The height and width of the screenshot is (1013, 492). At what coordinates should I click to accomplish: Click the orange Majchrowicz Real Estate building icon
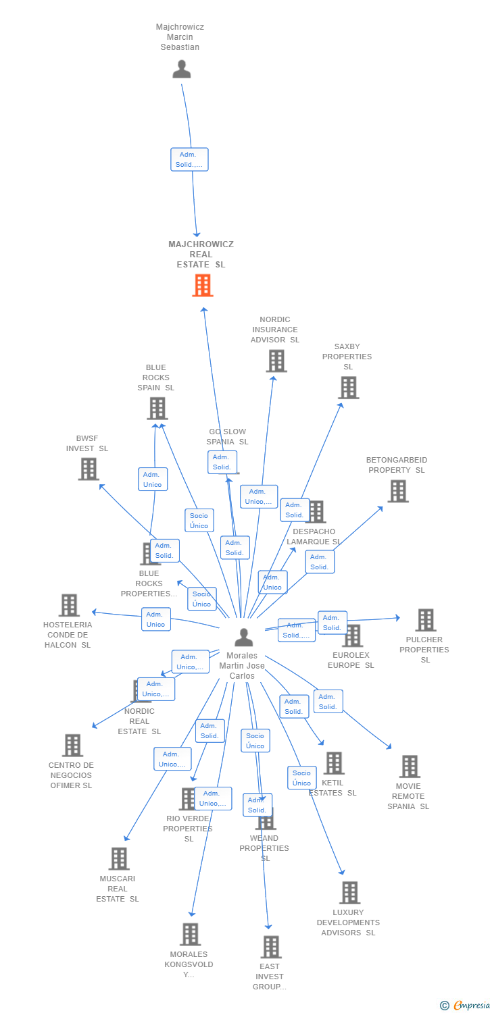(x=202, y=286)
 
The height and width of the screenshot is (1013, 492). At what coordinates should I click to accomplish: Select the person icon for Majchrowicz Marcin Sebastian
(x=181, y=70)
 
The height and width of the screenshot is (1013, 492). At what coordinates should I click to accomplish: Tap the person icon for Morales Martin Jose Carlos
(x=243, y=637)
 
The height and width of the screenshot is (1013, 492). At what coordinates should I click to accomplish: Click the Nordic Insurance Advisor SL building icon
(x=276, y=361)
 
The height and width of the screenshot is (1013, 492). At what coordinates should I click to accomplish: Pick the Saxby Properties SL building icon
(x=348, y=388)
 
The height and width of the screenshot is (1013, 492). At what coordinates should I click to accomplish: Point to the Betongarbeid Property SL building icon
(x=397, y=491)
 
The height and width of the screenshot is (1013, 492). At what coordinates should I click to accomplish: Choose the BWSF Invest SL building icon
(x=89, y=469)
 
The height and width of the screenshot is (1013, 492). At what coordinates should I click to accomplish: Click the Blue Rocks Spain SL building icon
(x=157, y=408)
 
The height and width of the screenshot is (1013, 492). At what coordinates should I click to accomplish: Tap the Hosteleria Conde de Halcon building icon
(x=69, y=605)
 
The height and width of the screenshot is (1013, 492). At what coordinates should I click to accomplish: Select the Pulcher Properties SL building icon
(x=425, y=620)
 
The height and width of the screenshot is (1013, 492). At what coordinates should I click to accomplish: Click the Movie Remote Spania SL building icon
(x=410, y=767)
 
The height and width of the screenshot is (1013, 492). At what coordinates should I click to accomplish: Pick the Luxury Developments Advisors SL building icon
(x=349, y=893)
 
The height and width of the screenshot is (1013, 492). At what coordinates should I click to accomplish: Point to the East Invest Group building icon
(x=271, y=947)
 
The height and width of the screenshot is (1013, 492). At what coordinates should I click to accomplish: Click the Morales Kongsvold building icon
(x=190, y=935)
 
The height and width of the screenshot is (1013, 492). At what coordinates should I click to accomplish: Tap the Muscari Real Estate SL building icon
(x=119, y=859)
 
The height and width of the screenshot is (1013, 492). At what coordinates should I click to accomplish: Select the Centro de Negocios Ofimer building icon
(x=72, y=746)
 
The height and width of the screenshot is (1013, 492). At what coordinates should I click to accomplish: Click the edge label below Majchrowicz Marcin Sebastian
(x=189, y=159)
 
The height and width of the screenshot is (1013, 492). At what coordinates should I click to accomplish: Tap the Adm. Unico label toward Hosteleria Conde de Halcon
(x=155, y=619)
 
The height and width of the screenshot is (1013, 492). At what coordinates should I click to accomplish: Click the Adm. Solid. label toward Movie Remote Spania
(x=328, y=702)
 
